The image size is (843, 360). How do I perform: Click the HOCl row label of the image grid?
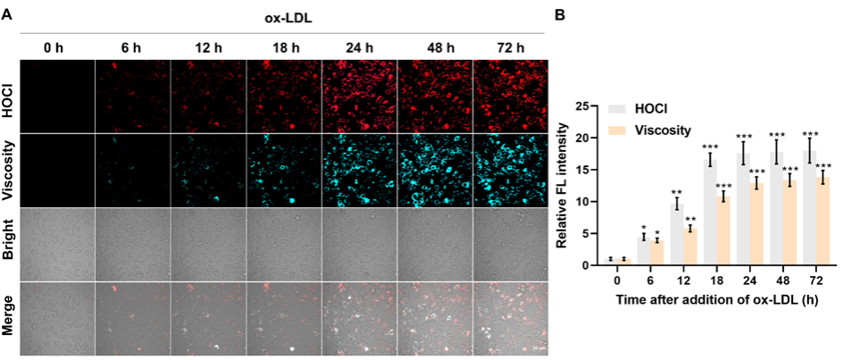(x=7, y=96)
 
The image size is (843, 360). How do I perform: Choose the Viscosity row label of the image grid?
(x=7, y=171)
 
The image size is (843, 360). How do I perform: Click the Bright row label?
(x=7, y=245)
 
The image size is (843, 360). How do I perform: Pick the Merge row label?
(x=7, y=318)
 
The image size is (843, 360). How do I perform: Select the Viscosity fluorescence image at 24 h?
(x=359, y=171)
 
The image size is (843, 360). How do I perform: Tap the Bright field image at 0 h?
(x=55, y=245)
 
